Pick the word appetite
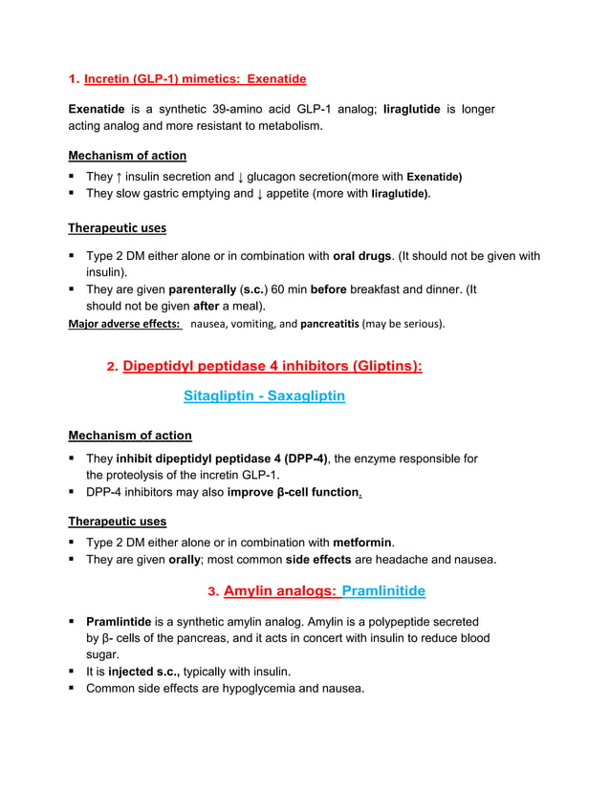point(294,193)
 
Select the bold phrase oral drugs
point(361,256)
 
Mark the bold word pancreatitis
point(330,324)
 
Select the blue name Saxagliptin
point(308,395)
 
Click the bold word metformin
point(363,544)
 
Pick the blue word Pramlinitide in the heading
point(383,591)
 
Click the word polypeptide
point(399,622)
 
